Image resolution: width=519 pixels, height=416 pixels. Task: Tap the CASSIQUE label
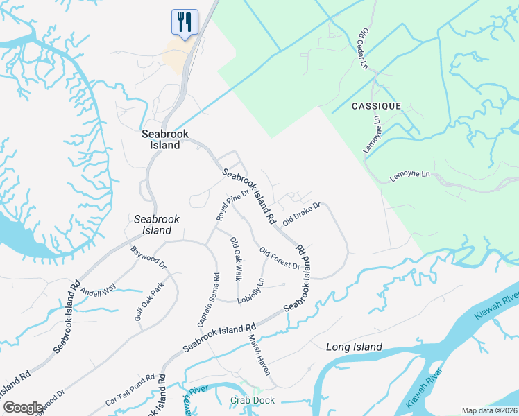(376, 106)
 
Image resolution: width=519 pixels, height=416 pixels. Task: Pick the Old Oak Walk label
(237, 259)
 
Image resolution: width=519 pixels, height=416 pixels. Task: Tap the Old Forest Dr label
(280, 259)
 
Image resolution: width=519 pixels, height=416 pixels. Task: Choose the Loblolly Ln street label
(251, 291)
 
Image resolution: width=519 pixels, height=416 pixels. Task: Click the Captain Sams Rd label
(208, 300)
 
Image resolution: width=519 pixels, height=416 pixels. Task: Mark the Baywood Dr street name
(148, 256)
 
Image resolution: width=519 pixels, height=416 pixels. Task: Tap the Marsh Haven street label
(259, 355)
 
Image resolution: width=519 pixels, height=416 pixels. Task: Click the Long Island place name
(354, 347)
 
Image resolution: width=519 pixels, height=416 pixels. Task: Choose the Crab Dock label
(253, 400)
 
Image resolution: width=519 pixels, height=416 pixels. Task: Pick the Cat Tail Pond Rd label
(130, 390)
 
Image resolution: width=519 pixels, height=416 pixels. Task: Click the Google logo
(23, 408)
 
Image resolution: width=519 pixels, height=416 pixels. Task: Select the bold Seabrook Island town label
(161, 140)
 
